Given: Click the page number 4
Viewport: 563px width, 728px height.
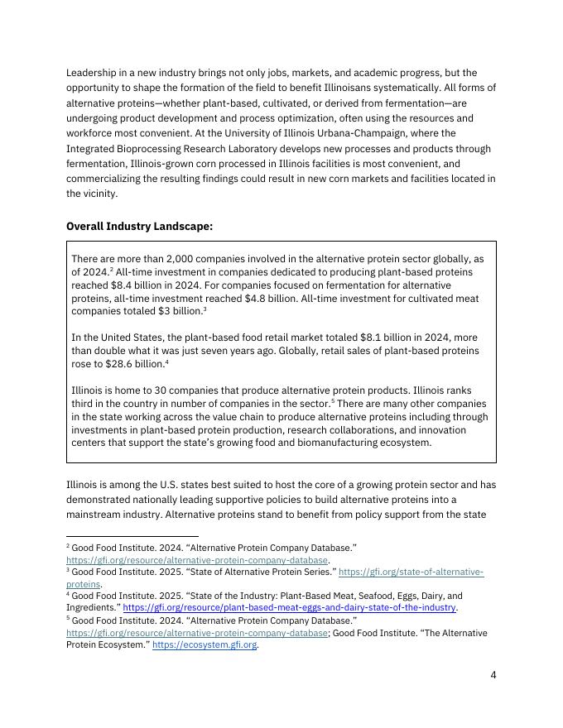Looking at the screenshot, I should click(x=493, y=674).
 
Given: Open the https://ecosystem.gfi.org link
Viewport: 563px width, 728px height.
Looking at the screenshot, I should click(x=204, y=645).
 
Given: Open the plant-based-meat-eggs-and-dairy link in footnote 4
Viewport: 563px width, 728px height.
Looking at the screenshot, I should click(x=289, y=607).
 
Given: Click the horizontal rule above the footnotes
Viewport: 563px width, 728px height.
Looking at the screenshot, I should click(x=132, y=537).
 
